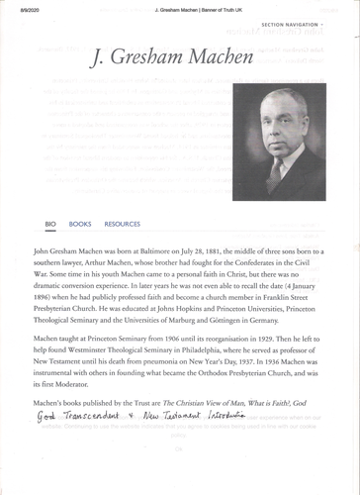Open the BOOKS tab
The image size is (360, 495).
(x=80, y=224)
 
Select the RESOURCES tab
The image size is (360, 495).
(x=122, y=224)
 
